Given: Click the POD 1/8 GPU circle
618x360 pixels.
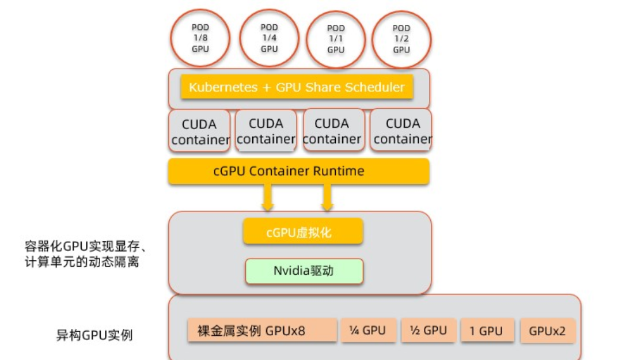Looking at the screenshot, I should [x=200, y=38].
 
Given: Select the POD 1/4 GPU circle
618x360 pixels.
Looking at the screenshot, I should [x=269, y=38].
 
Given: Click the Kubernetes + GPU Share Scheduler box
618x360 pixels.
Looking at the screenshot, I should [x=297, y=88].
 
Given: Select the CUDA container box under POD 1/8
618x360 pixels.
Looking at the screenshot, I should [x=199, y=132].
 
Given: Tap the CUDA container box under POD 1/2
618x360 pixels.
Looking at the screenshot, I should [x=402, y=131].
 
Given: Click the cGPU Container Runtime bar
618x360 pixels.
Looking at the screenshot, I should [x=298, y=171].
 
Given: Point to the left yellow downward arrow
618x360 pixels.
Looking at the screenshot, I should [x=267, y=198].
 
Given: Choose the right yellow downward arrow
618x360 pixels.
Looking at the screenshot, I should [x=327, y=198].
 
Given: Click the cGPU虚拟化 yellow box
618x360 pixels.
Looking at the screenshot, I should [x=303, y=232].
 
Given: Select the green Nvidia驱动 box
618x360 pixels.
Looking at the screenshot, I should [x=304, y=271].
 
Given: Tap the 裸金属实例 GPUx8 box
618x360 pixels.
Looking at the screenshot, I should [x=262, y=331].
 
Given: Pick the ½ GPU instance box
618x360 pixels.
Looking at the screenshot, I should [x=429, y=331].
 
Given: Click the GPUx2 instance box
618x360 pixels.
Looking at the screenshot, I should [x=547, y=331].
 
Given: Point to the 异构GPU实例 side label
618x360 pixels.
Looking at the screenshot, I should [x=94, y=335].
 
